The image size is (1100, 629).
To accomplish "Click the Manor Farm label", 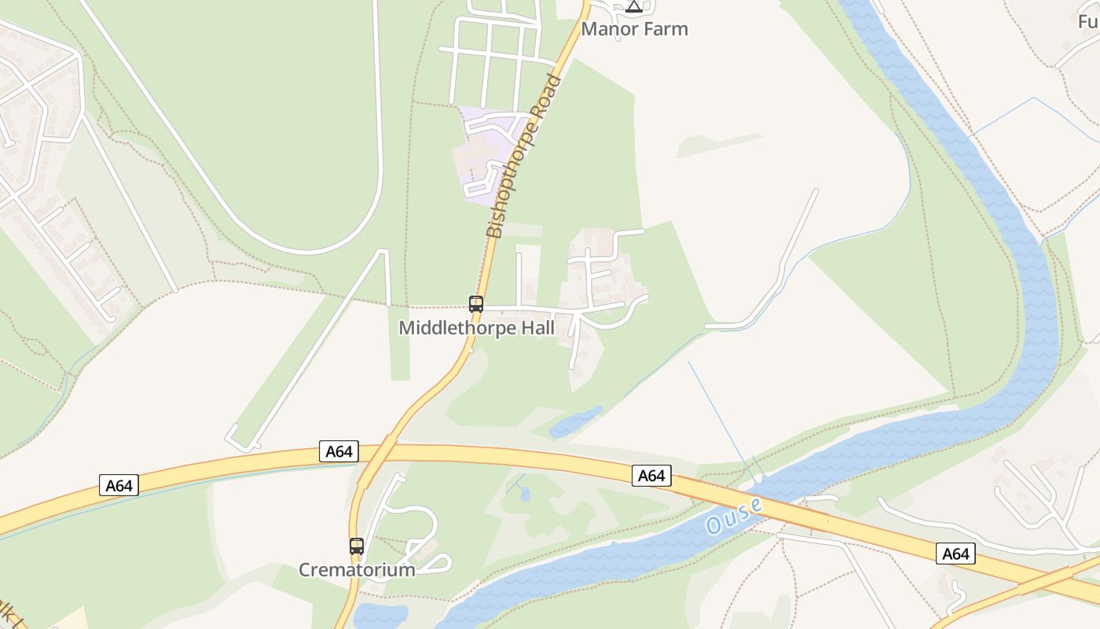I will point(634,29).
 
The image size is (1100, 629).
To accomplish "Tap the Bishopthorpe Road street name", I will point(524,156).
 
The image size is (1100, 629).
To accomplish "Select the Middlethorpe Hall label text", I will point(476,327).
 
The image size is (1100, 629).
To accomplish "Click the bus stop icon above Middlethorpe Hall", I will point(475,304).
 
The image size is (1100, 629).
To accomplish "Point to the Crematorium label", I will point(357,569).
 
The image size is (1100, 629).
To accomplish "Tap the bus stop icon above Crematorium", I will point(357,546).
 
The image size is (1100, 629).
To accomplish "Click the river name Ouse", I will point(734,516).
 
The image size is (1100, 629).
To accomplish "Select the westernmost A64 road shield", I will point(119,485).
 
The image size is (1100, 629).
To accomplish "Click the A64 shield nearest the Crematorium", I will point(339,451).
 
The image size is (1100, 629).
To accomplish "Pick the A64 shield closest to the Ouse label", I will point(651,475).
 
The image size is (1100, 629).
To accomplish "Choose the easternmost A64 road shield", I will point(955,554).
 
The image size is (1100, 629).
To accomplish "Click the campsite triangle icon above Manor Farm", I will point(634,7).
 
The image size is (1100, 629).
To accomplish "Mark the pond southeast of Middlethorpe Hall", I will point(576,422).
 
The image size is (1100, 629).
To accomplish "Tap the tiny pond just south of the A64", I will point(525,495).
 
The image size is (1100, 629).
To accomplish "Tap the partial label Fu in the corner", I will point(1087,20).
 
